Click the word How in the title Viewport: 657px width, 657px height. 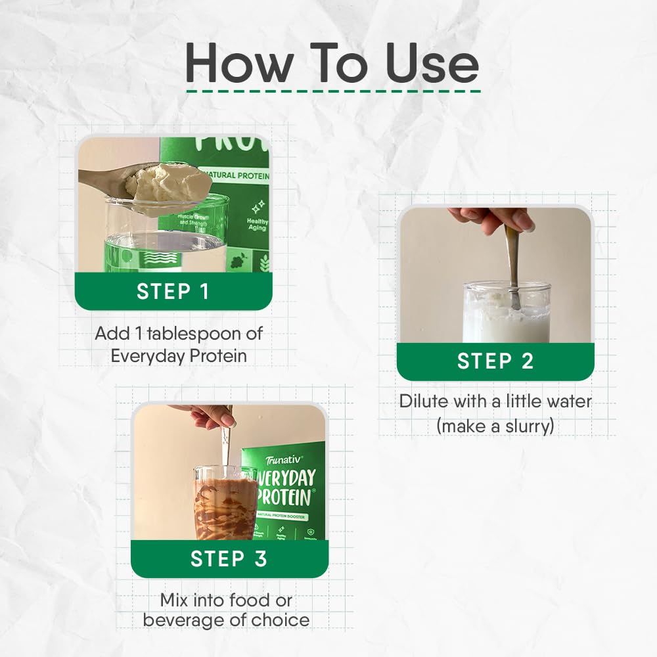(239, 64)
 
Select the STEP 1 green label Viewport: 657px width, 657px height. (173, 291)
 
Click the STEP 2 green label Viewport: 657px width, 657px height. (495, 361)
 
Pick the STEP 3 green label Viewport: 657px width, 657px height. (229, 558)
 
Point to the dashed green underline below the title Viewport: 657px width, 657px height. (333, 91)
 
